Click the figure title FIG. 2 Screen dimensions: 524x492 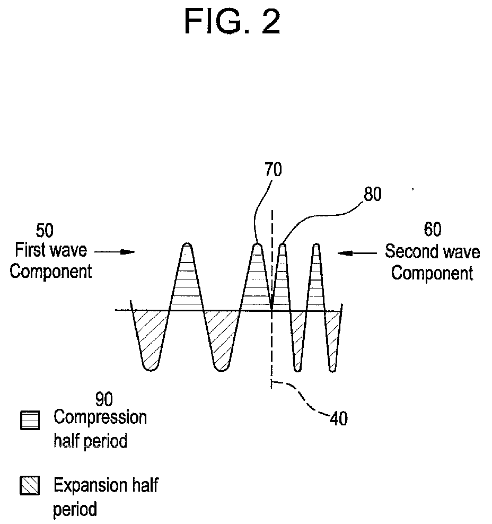[x=233, y=22]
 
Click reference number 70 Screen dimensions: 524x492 [x=274, y=170]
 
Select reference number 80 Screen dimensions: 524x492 [x=372, y=195]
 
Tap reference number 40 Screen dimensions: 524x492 [x=338, y=419]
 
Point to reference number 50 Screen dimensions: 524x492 [x=45, y=231]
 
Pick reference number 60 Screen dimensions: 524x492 [x=432, y=230]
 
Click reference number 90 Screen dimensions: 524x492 [x=104, y=398]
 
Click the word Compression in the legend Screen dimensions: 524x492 [x=100, y=417]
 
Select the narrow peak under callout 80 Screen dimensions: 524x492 [x=282, y=281]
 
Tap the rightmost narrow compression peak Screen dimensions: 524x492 [x=317, y=281]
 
